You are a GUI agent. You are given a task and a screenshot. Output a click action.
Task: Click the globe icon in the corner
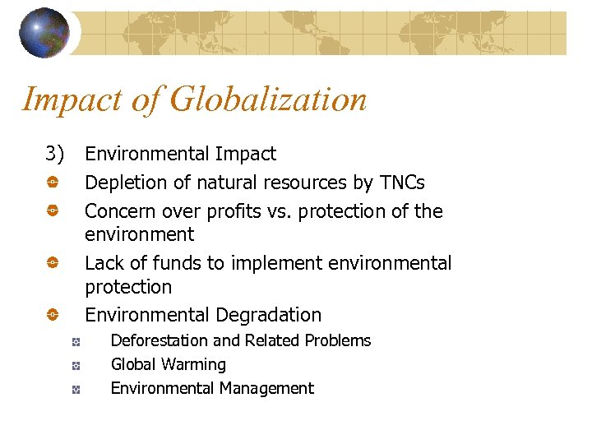[44, 32]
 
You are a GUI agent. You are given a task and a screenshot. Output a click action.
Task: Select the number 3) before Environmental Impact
[55, 154]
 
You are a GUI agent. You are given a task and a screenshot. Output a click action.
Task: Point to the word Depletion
[121, 183]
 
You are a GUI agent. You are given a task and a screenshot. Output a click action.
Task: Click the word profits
[230, 211]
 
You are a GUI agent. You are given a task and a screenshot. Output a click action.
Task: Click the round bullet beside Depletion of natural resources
[51, 183]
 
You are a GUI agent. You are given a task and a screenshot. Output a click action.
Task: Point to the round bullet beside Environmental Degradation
[51, 315]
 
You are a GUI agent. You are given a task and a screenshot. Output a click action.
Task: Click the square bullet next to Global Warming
[75, 365]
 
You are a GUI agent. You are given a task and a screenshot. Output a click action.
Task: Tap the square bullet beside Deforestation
[75, 341]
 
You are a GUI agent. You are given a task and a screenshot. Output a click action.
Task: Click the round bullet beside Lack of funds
[51, 263]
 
